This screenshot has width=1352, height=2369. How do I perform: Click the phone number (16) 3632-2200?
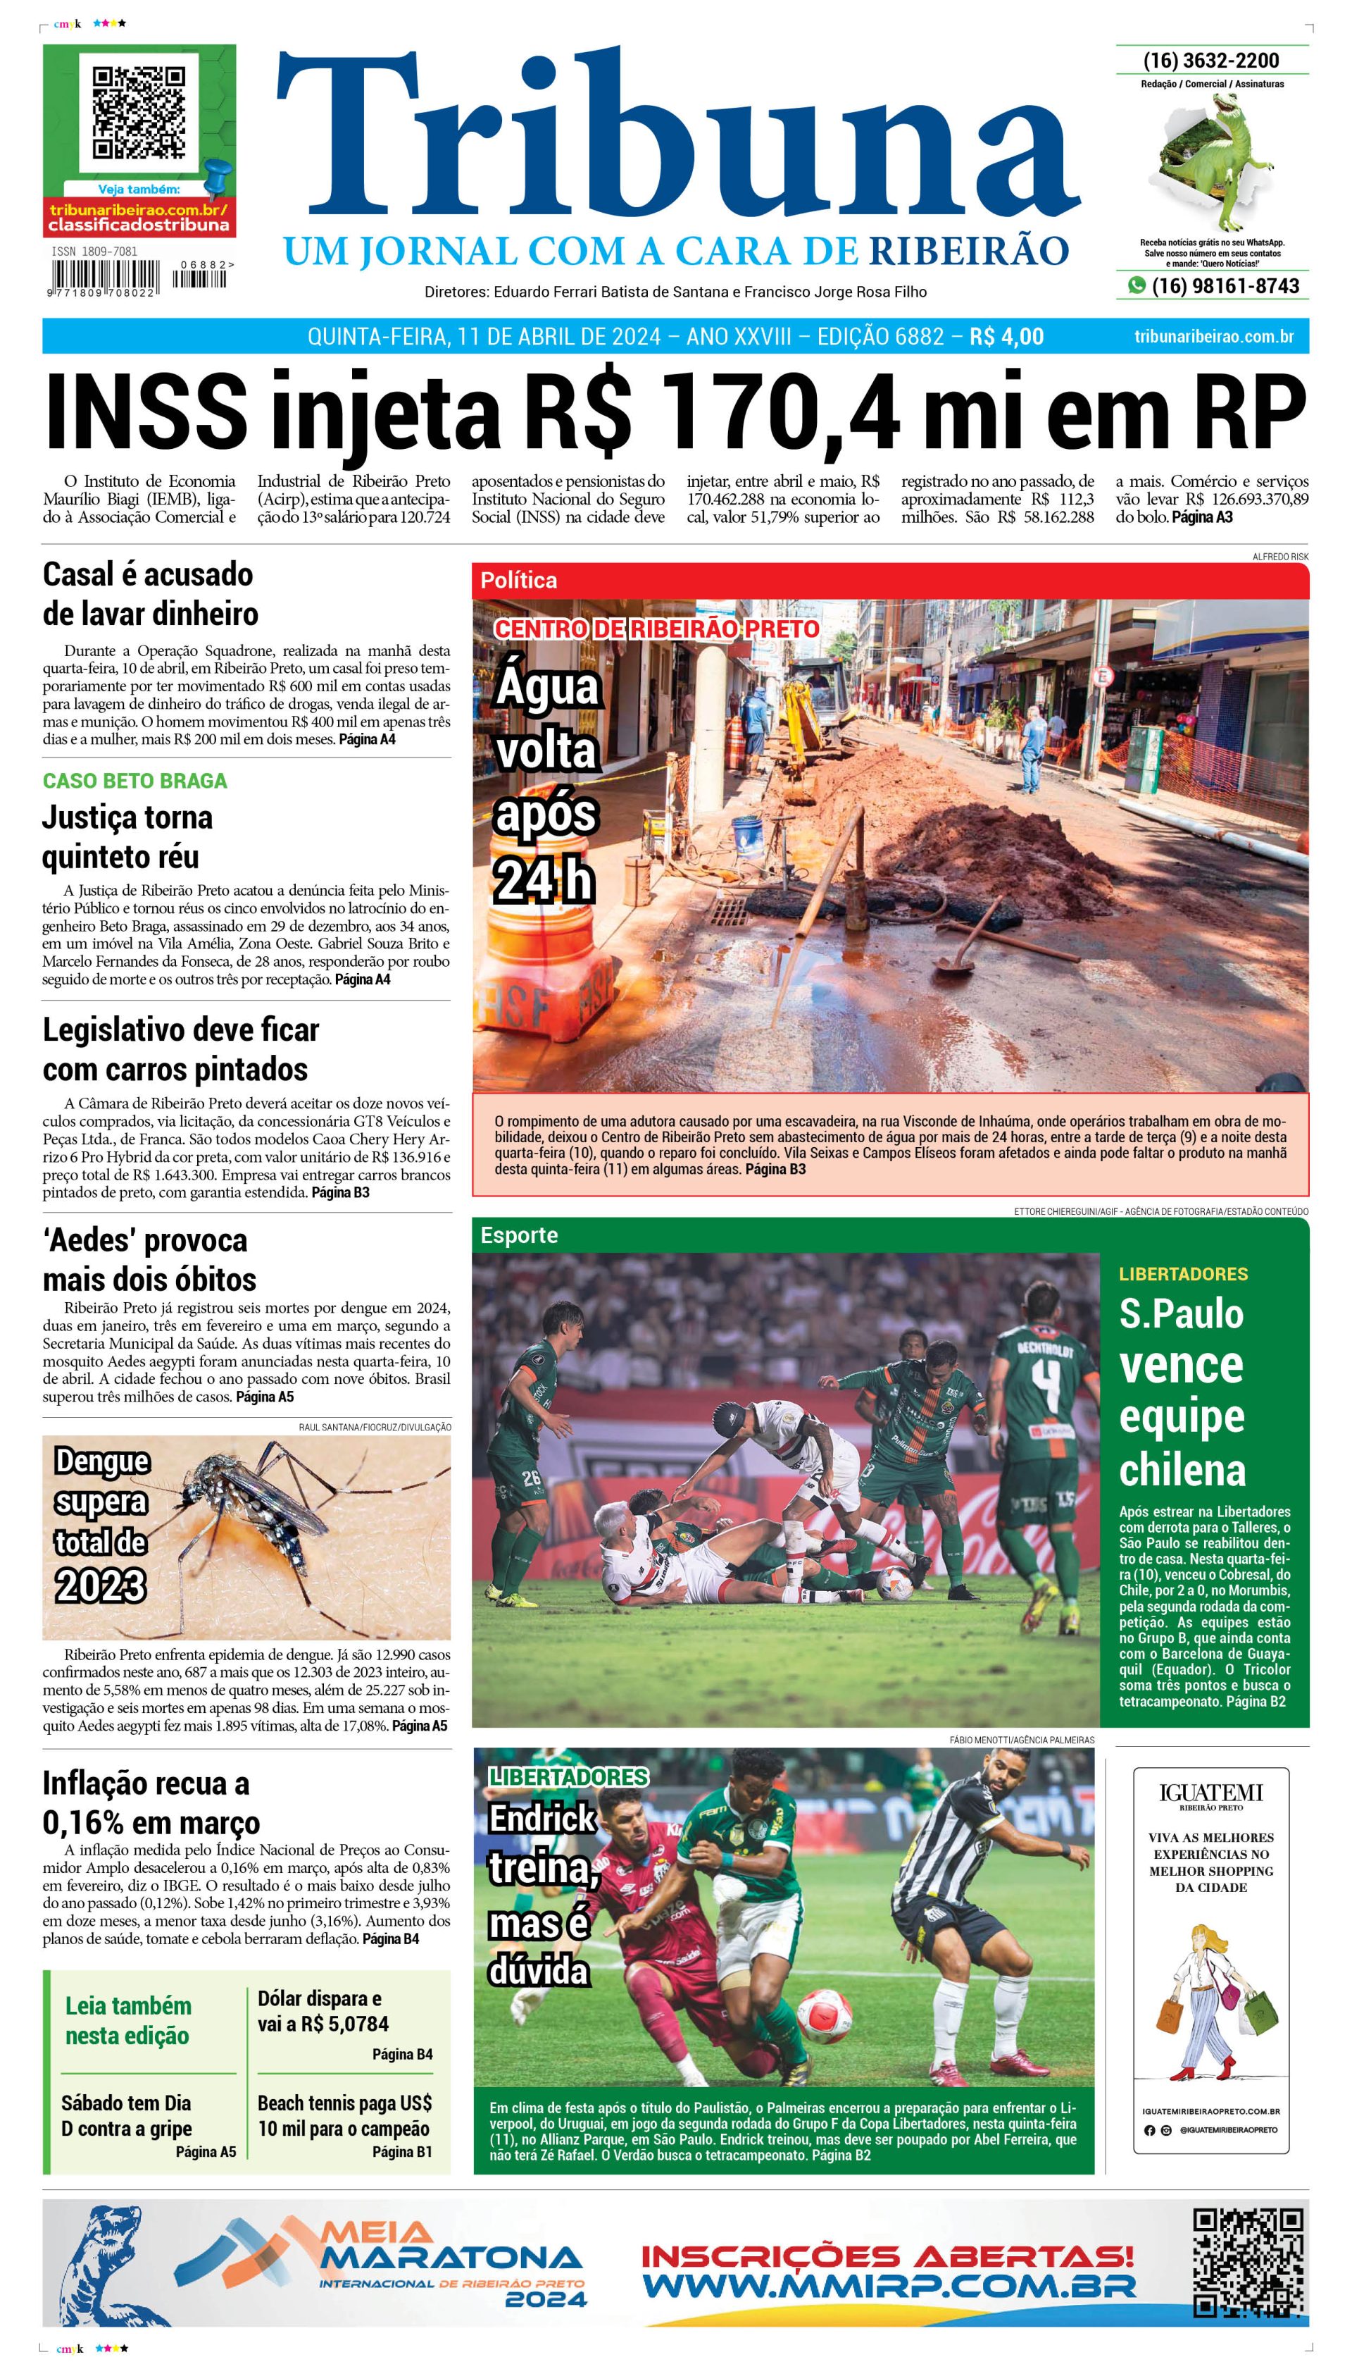(1211, 61)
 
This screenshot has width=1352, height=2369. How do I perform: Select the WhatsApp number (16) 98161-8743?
(1224, 285)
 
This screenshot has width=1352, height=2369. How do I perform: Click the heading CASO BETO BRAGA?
(134, 780)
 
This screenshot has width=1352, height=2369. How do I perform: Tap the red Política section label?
(519, 581)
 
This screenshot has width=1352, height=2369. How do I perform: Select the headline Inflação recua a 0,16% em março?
(151, 1802)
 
